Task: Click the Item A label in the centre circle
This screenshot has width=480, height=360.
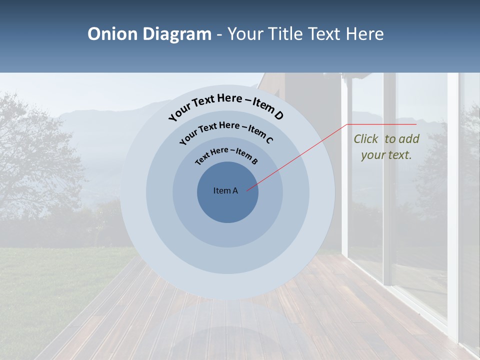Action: [x=225, y=190]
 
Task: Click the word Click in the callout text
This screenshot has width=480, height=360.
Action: [x=366, y=139]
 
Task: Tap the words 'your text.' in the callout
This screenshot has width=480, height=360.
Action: [x=386, y=155]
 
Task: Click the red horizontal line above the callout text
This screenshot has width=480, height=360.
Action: [x=382, y=124]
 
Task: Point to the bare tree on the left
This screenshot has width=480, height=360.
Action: [x=30, y=150]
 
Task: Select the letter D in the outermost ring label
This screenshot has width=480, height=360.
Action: [x=278, y=116]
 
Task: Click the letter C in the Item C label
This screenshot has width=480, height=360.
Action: [x=269, y=140]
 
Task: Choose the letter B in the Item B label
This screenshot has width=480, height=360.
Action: [x=254, y=161]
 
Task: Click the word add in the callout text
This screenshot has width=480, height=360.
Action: [x=409, y=139]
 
